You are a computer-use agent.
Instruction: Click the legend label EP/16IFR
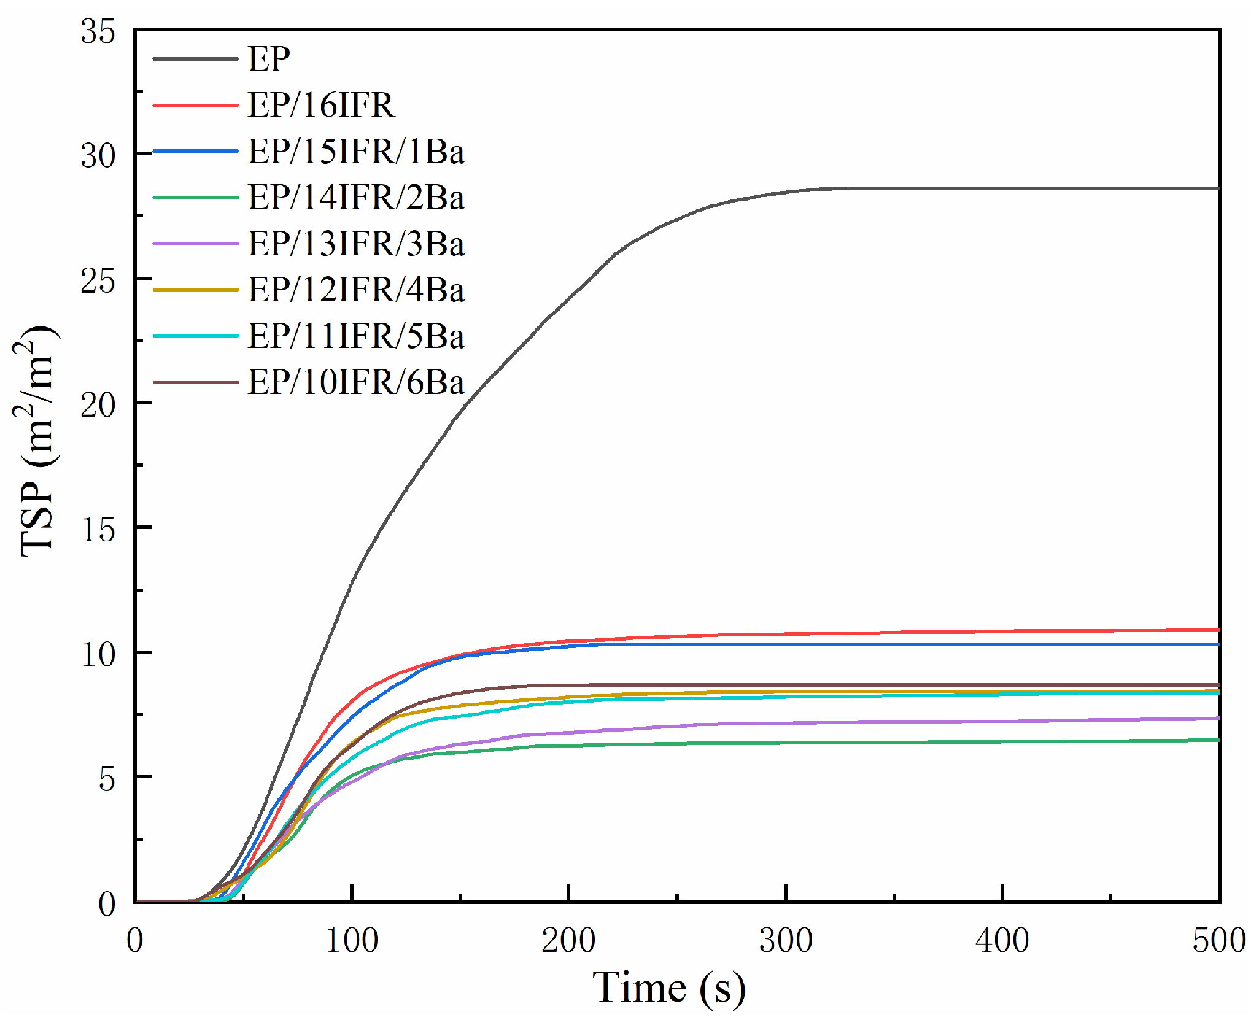point(320,105)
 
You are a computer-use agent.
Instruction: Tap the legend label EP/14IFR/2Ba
point(355,197)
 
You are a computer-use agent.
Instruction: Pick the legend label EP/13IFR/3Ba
point(355,244)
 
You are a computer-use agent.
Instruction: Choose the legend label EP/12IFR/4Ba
point(355,290)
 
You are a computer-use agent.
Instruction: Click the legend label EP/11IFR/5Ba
point(355,336)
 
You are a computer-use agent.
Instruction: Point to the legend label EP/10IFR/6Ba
point(355,382)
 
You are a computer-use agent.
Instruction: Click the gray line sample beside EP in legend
point(195,59)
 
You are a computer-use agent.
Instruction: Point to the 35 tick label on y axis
point(98,31)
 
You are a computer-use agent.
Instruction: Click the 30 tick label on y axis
point(98,156)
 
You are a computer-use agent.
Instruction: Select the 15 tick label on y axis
point(98,530)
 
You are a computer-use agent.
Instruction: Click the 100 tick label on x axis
point(351,940)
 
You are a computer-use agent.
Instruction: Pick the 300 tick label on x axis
point(786,940)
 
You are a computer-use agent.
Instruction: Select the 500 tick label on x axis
point(1218,940)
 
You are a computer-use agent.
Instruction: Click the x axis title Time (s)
point(669,988)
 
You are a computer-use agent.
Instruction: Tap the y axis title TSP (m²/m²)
point(37,442)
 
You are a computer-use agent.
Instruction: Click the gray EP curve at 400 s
point(1002,188)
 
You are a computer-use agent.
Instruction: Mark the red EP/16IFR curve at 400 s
point(1002,632)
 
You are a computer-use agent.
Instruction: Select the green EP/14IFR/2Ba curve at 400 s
point(1002,742)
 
